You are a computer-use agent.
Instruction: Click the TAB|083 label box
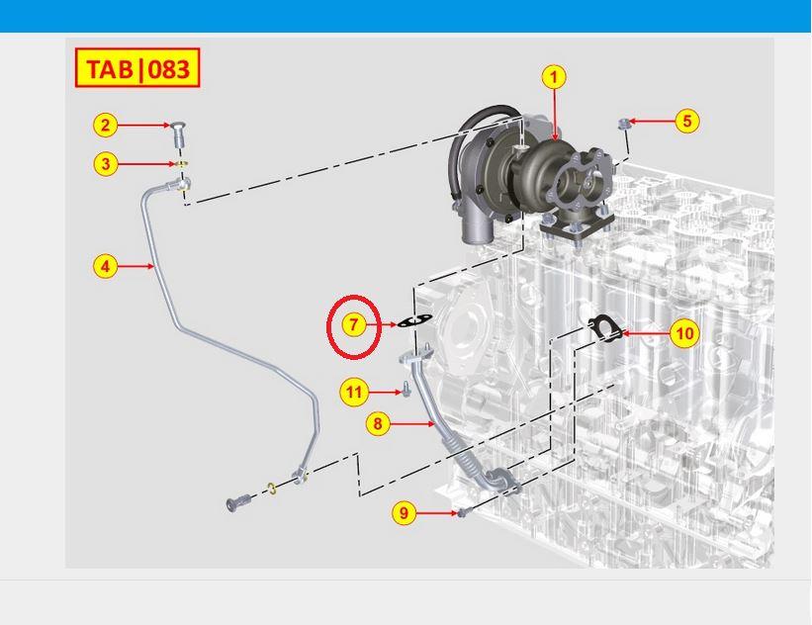(x=137, y=68)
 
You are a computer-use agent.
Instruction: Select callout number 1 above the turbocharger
(x=554, y=77)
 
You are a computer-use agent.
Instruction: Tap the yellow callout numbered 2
(x=106, y=126)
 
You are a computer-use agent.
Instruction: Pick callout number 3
(x=106, y=164)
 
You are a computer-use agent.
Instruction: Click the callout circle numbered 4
(x=105, y=267)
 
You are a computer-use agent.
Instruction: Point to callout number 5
(x=687, y=122)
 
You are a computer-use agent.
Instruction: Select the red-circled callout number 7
(x=354, y=324)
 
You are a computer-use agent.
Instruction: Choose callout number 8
(x=378, y=423)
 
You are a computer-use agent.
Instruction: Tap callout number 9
(x=404, y=513)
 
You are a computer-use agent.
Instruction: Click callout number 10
(x=684, y=333)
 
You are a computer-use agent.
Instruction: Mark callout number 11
(x=354, y=392)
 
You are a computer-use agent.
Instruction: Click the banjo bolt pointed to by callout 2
(x=178, y=134)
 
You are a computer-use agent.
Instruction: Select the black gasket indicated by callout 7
(x=414, y=321)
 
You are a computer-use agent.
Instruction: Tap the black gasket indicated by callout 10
(x=604, y=328)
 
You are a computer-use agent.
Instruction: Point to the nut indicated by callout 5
(x=623, y=124)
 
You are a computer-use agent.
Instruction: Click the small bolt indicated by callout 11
(x=406, y=390)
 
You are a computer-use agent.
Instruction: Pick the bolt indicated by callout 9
(x=463, y=512)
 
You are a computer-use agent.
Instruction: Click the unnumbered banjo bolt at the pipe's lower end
(x=238, y=502)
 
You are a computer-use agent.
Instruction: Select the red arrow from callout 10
(x=645, y=333)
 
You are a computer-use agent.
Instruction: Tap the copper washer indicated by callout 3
(x=181, y=164)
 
